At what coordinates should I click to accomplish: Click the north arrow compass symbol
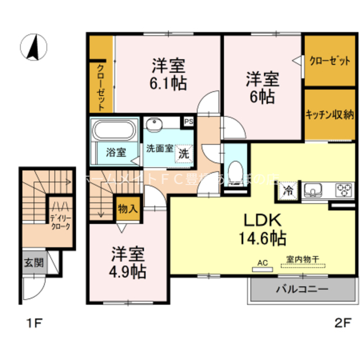click(x=34, y=47)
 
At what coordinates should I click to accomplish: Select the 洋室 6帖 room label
click(x=260, y=87)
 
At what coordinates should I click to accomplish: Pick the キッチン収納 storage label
click(x=329, y=115)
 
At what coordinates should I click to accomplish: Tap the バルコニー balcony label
click(x=301, y=290)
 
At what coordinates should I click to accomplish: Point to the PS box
click(x=187, y=120)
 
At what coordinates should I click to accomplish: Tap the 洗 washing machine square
click(x=184, y=152)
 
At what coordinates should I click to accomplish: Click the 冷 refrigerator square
click(x=287, y=190)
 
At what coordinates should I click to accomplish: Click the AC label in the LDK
click(x=261, y=263)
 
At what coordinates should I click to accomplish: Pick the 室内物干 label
click(x=302, y=259)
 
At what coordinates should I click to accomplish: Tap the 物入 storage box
click(x=128, y=209)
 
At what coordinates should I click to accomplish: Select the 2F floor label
click(x=343, y=323)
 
